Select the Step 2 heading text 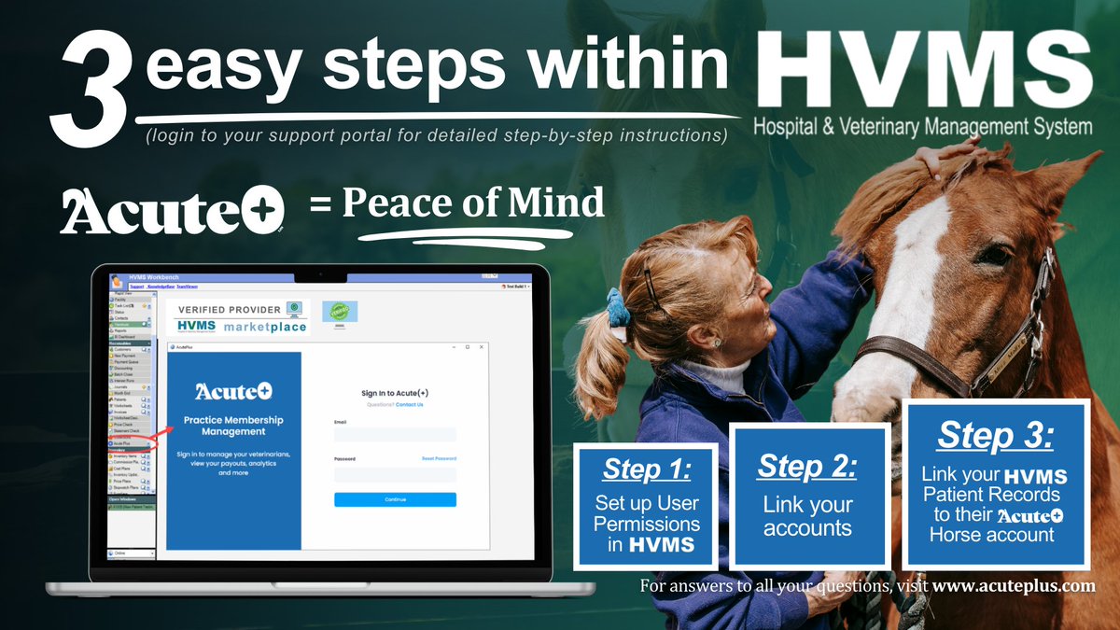[807, 466]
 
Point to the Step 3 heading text [996, 436]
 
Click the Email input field [395, 435]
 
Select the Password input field [395, 474]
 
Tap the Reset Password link [439, 458]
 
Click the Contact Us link [409, 404]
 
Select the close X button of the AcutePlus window [481, 346]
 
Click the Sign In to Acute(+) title [395, 394]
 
